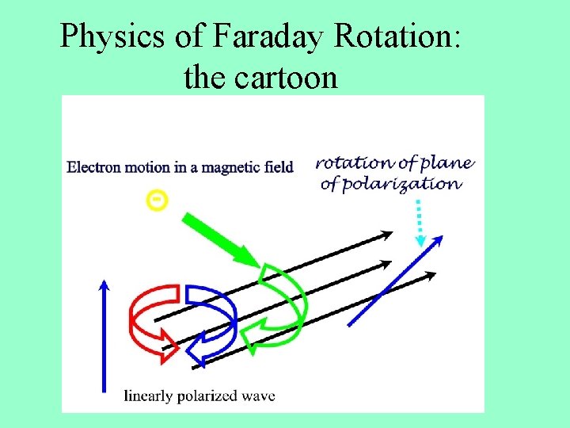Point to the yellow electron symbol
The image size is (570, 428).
pos(158,201)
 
